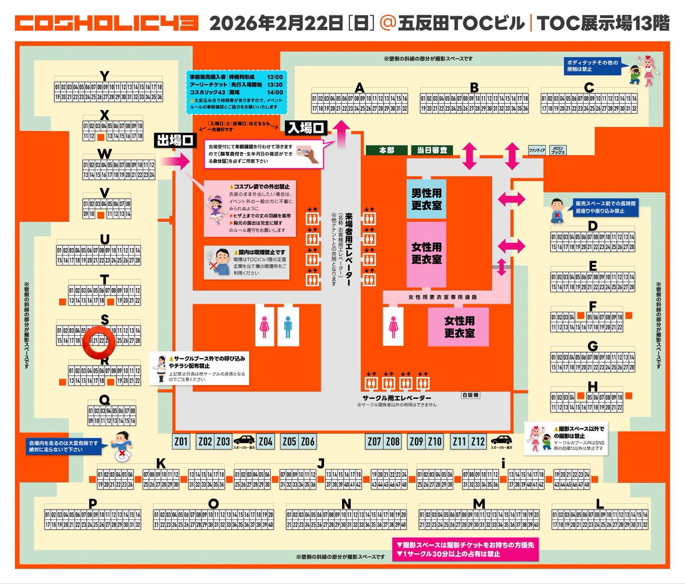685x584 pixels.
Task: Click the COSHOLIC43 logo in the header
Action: click(106, 23)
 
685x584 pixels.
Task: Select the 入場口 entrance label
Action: click(305, 128)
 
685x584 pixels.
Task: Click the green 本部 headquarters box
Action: click(386, 150)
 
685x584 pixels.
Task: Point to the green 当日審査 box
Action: click(432, 150)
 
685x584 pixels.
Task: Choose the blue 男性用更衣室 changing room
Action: click(426, 199)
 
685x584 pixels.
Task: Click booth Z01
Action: click(181, 441)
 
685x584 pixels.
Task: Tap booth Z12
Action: click(478, 441)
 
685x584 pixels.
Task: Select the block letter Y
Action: click(104, 76)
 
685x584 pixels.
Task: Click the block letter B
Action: click(474, 88)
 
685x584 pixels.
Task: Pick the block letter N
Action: click(346, 504)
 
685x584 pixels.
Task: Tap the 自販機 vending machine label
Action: click(470, 395)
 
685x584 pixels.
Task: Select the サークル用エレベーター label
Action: click(397, 398)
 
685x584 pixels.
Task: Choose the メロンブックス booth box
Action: click(558, 151)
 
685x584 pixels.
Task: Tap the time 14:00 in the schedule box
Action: click(275, 92)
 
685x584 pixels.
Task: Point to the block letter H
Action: click(592, 387)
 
